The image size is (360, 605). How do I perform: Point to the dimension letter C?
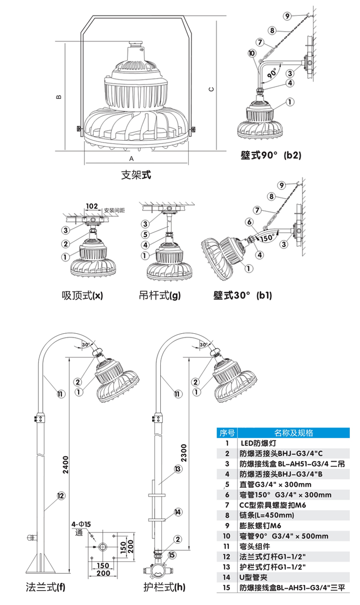(x=211, y=89)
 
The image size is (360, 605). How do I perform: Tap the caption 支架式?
(x=135, y=175)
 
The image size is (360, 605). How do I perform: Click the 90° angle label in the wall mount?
(x=273, y=73)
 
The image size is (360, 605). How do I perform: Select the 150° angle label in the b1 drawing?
(x=267, y=237)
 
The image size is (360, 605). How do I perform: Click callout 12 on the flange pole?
(x=60, y=496)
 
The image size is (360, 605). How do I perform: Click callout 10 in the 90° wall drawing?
(x=252, y=53)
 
